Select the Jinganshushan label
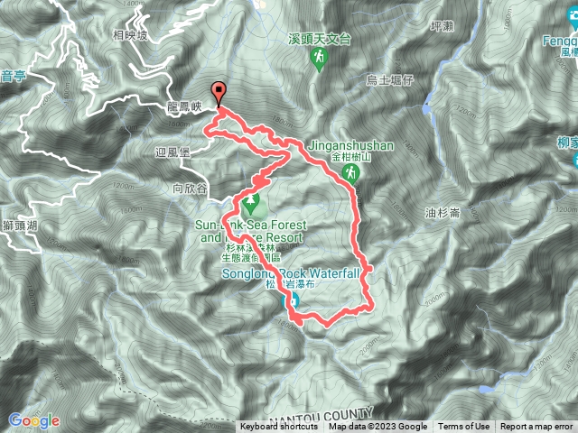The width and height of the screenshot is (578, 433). pos(348,144)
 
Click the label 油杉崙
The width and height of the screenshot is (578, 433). pos(443,213)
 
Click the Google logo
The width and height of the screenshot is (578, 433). pos(33,419)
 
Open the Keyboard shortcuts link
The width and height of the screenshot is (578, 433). pos(279,427)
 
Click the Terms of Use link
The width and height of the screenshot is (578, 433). pos(464,427)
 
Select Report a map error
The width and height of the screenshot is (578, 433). pos(537,427)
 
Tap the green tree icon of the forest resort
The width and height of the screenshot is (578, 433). pos(251,200)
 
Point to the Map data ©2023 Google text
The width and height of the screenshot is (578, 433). pos(378,427)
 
